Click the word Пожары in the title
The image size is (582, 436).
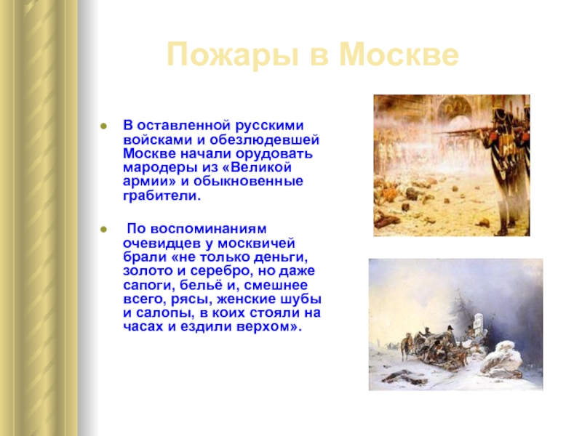(232, 56)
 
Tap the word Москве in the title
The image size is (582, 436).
(399, 55)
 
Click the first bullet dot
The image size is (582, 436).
(103, 126)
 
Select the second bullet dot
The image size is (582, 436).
(103, 230)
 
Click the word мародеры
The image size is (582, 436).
(160, 169)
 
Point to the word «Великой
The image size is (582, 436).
(257, 167)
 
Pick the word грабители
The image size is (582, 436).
(162, 195)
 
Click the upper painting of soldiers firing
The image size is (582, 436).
(452, 166)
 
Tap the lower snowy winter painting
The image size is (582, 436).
(456, 324)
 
